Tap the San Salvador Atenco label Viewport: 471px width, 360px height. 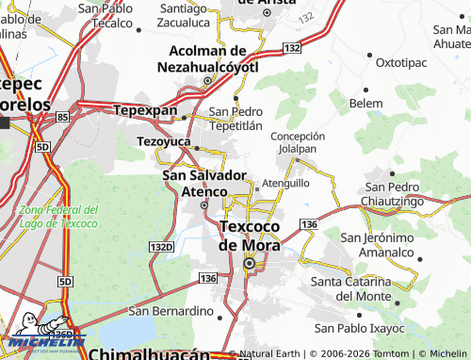[x=204, y=183]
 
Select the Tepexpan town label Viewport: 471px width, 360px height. [x=145, y=110]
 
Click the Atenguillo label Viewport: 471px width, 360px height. [x=285, y=183]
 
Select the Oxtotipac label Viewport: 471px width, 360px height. [x=401, y=62]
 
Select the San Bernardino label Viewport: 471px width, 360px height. [x=171, y=311]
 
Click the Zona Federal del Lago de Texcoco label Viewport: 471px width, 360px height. [x=58, y=217]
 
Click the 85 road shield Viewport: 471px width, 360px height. [x=62, y=117]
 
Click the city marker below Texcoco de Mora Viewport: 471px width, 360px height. [x=249, y=265]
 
